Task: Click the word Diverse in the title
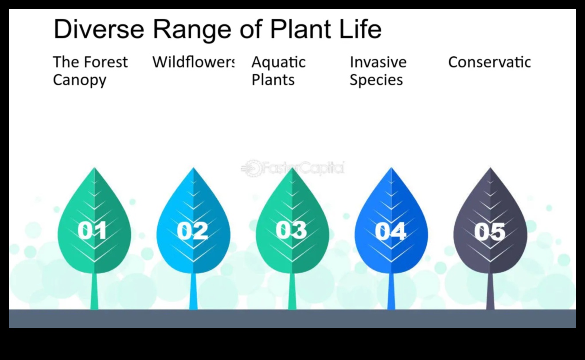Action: pos(98,30)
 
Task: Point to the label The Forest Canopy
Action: pos(90,71)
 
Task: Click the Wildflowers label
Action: pos(193,62)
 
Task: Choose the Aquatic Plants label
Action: pos(278,71)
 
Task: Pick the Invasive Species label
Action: pos(378,71)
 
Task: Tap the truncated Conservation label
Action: pos(489,62)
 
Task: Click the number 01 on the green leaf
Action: pos(93,231)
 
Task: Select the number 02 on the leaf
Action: pos(192,231)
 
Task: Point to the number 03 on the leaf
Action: pos(291,230)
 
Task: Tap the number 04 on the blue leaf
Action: pos(390,231)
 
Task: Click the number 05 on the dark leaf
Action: pos(490,231)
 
